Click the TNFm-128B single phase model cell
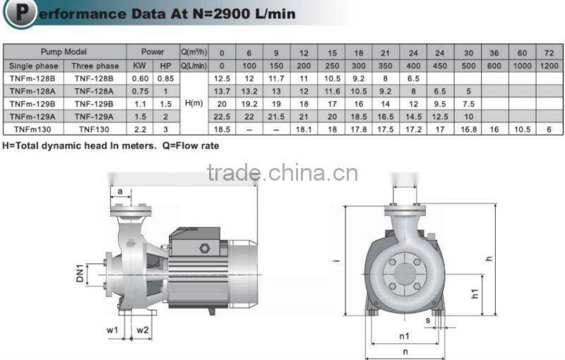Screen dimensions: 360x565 pyautogui.click(x=33, y=78)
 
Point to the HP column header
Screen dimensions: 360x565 pyautogui.click(x=165, y=65)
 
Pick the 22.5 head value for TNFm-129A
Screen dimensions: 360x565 pyautogui.click(x=222, y=116)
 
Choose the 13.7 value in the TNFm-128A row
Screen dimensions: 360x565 pyautogui.click(x=222, y=91)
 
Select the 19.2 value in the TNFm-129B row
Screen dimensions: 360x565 pyautogui.click(x=249, y=104)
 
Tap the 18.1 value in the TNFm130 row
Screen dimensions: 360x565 pyautogui.click(x=304, y=129)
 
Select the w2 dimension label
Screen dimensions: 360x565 pyautogui.click(x=143, y=330)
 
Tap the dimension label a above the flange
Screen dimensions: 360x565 pyautogui.click(x=119, y=191)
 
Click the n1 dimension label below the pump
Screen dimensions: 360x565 pyautogui.click(x=404, y=336)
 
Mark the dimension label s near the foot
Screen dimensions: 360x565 pyautogui.click(x=427, y=320)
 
